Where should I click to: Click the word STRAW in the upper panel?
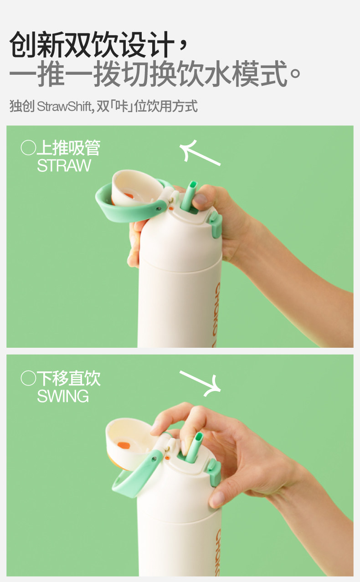(x=64, y=165)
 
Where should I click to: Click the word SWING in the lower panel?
(x=63, y=396)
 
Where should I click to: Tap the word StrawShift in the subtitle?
(x=64, y=106)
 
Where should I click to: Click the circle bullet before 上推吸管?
(x=28, y=148)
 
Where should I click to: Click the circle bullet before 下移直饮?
(x=28, y=378)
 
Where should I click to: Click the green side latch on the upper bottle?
(x=216, y=224)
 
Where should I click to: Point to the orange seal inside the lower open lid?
(x=123, y=445)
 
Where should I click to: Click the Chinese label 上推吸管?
(x=68, y=148)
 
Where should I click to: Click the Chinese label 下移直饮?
(x=68, y=378)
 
